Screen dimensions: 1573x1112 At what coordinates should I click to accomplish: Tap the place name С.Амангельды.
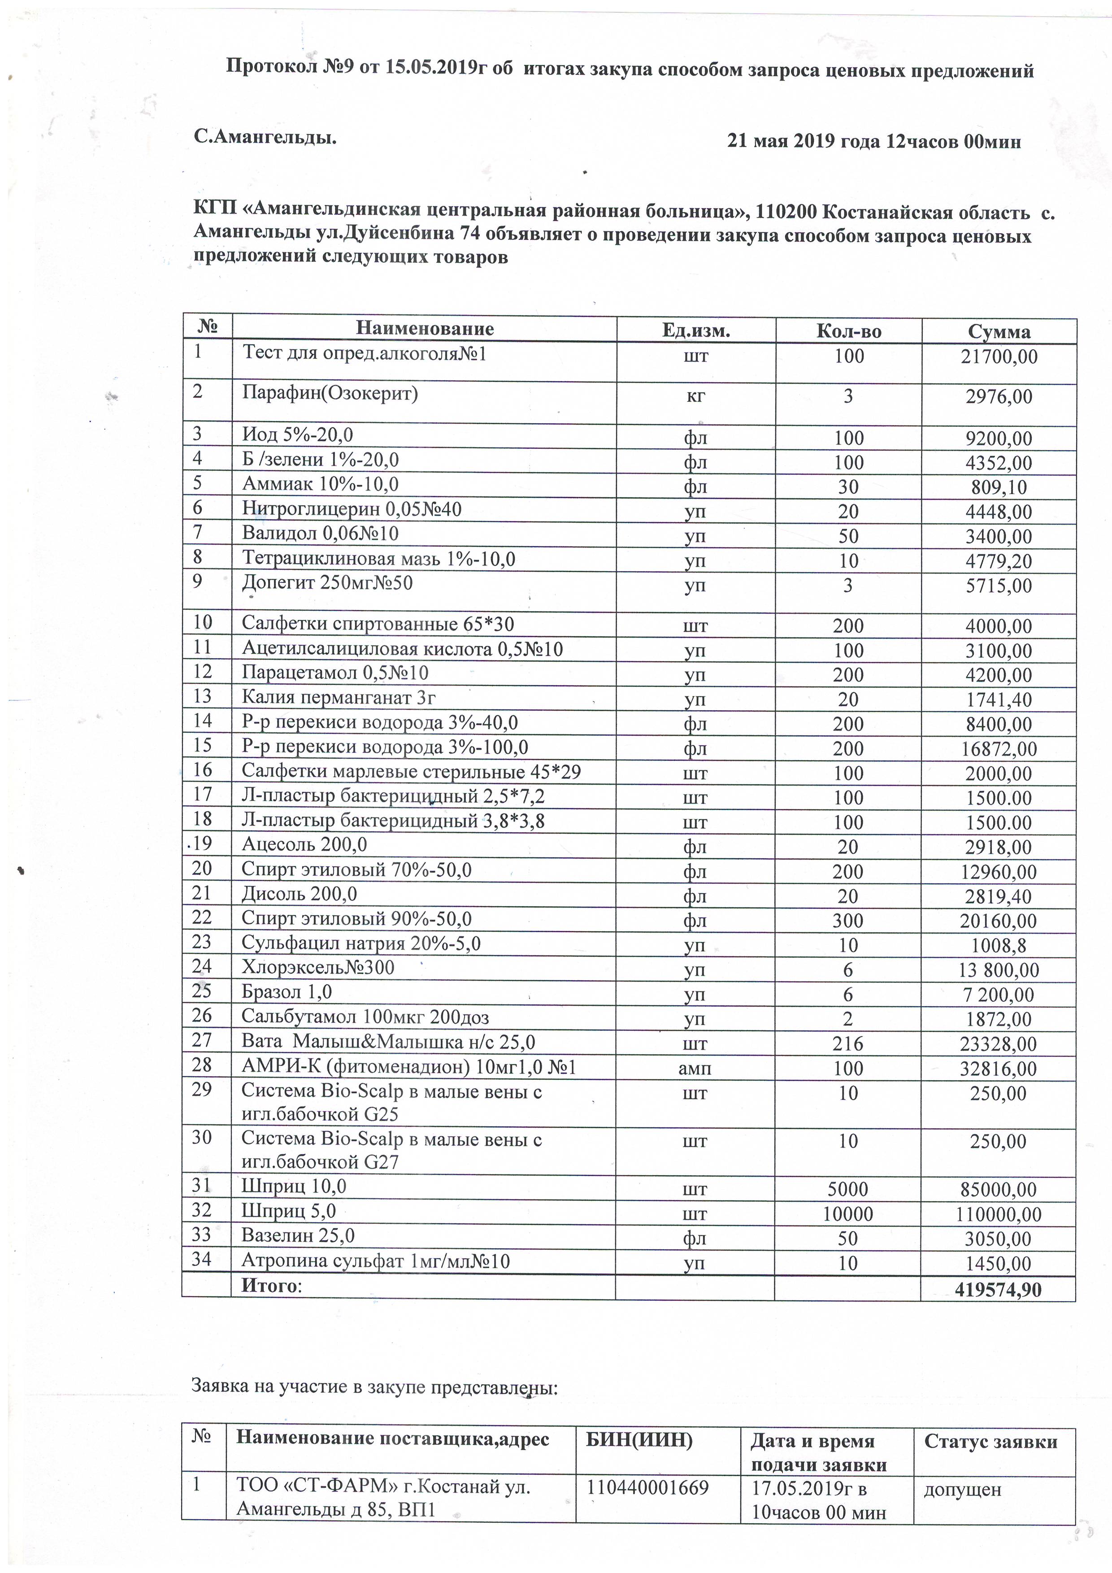[265, 138]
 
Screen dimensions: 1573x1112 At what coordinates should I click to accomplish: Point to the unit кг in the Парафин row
[695, 397]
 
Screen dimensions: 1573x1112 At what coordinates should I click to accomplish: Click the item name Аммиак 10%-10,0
[320, 484]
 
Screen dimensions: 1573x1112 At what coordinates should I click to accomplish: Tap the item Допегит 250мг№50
[327, 583]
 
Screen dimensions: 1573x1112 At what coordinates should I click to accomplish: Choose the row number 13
[203, 696]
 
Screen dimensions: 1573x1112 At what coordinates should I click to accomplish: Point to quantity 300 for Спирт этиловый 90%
[848, 921]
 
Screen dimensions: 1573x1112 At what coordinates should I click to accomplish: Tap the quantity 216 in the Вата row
[848, 1044]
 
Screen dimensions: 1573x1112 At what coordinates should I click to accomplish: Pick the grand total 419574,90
[998, 1290]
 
